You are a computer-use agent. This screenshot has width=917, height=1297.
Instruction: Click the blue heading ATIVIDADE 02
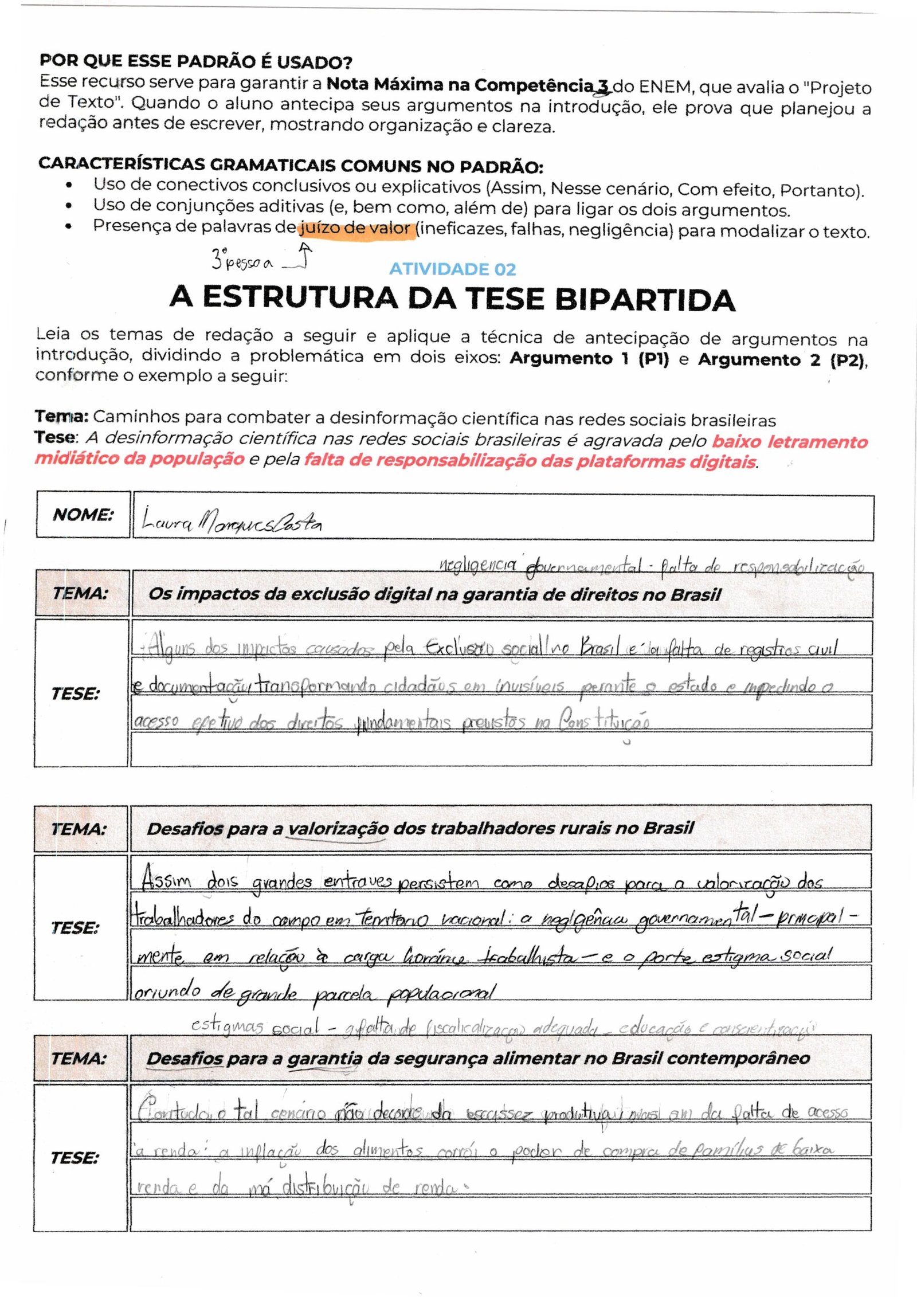[452, 269]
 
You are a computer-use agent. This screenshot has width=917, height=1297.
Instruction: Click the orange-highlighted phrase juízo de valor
[355, 229]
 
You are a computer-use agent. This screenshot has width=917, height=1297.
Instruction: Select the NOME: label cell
[83, 514]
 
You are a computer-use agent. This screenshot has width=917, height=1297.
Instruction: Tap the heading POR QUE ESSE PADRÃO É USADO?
[195, 61]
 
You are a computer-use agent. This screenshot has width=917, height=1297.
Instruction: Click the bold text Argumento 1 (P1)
[589, 358]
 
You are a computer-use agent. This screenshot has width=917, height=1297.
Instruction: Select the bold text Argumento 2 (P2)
[782, 360]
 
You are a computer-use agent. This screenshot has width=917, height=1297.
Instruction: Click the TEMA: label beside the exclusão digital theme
[80, 593]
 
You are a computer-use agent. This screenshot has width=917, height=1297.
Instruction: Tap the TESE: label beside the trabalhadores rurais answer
[75, 927]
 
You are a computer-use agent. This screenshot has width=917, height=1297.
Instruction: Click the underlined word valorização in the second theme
[338, 829]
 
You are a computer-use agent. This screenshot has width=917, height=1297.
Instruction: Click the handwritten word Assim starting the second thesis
[166, 878]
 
